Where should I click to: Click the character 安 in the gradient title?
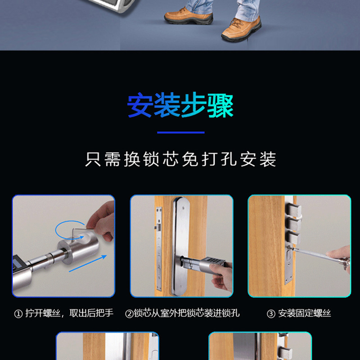click(139, 105)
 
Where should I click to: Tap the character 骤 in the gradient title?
click(220, 105)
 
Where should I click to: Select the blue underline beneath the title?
click(180, 133)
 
